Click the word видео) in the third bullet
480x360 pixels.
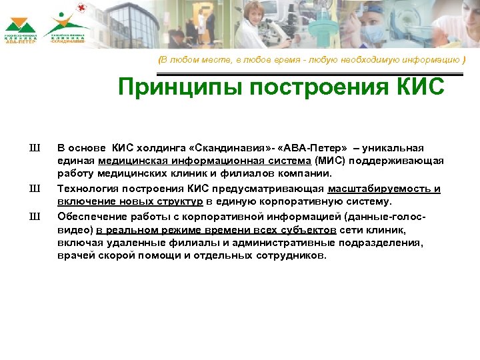coord(74,229)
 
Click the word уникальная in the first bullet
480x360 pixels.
coord(400,147)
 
